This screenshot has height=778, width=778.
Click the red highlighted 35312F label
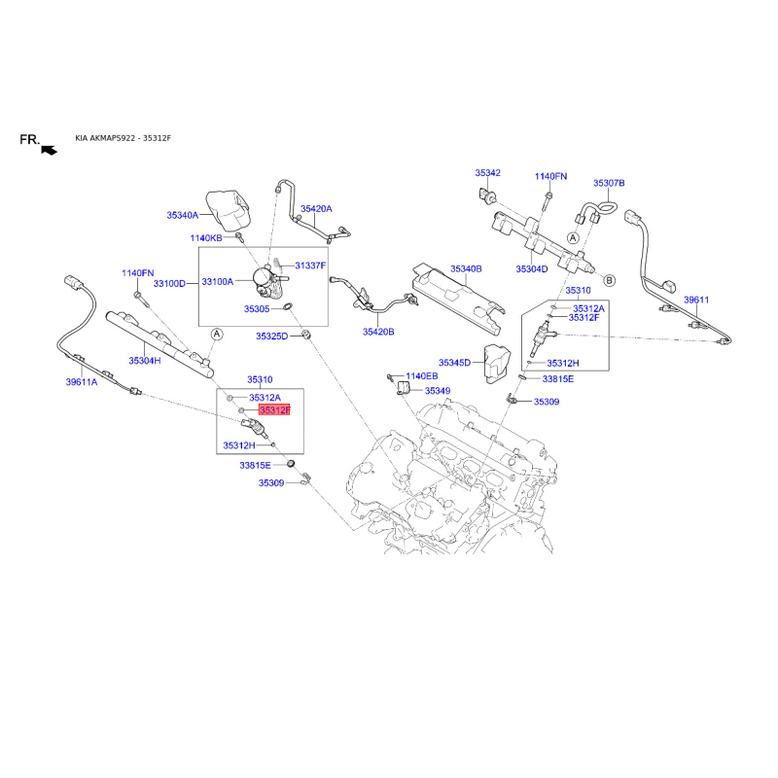pyautogui.click(x=274, y=410)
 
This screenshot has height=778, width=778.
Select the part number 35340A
pyautogui.click(x=183, y=215)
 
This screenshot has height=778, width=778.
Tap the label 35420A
pyautogui.click(x=316, y=209)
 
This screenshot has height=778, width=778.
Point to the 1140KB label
pyautogui.click(x=206, y=238)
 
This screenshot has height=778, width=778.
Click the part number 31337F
pyautogui.click(x=310, y=265)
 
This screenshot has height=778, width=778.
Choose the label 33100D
pyautogui.click(x=169, y=284)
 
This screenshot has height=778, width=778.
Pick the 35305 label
pyautogui.click(x=257, y=309)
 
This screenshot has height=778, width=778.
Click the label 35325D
pyautogui.click(x=272, y=336)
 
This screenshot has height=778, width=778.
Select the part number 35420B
pyautogui.click(x=378, y=332)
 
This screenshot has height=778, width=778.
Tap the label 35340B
pyautogui.click(x=466, y=269)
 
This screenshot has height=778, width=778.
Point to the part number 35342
pyautogui.click(x=488, y=173)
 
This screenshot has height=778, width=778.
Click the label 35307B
pyautogui.click(x=609, y=183)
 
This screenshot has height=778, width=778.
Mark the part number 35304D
pyautogui.click(x=532, y=269)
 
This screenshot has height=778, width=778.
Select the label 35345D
pyautogui.click(x=454, y=363)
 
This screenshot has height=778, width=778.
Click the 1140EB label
pyautogui.click(x=422, y=376)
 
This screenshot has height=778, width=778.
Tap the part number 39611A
pyautogui.click(x=82, y=382)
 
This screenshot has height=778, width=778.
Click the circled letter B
pyautogui.click(x=610, y=280)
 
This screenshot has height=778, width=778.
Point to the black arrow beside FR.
pyautogui.click(x=50, y=150)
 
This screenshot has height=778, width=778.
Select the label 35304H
pyautogui.click(x=145, y=361)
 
